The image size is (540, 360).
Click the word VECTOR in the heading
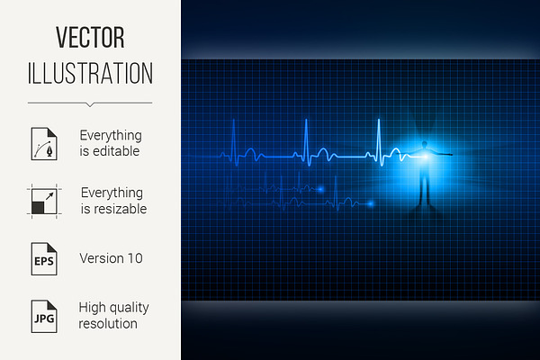click(x=90, y=37)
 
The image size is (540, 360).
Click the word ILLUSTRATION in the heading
click(x=90, y=73)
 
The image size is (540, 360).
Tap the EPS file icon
click(x=44, y=258)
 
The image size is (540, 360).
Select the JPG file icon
click(x=44, y=316)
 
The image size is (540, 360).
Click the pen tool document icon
click(x=44, y=144)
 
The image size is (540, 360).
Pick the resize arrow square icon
click(x=44, y=202)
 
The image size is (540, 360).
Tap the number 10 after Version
click(x=135, y=258)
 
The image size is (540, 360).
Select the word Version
click(x=102, y=258)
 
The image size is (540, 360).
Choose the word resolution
click(x=108, y=324)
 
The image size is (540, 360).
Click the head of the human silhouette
click(x=425, y=144)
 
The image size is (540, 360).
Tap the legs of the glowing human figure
click(x=424, y=189)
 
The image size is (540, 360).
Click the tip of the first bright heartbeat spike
click(x=234, y=120)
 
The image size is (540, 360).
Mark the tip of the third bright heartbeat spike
click(x=379, y=120)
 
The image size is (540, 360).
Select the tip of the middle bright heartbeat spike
click(x=306, y=120)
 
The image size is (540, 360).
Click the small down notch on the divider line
click(x=90, y=104)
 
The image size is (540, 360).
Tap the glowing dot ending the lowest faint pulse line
click(x=371, y=204)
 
